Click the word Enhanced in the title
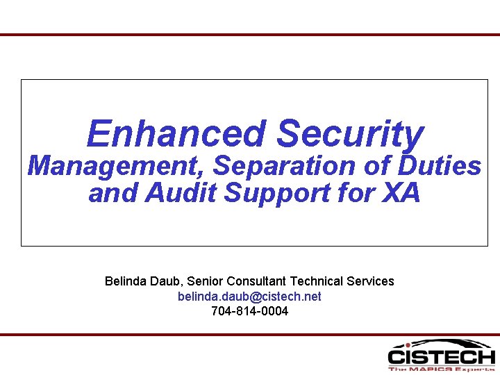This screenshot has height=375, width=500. point(176,134)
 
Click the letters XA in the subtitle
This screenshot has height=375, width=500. point(401,194)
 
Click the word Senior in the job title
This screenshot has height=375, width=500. point(206,281)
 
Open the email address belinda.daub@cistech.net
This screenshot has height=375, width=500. point(249,297)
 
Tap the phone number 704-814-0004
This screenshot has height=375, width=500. point(249,311)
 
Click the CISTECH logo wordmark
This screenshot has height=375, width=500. point(441,357)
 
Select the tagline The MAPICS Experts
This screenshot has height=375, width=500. point(441,369)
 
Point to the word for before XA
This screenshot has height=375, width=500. point(358,194)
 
